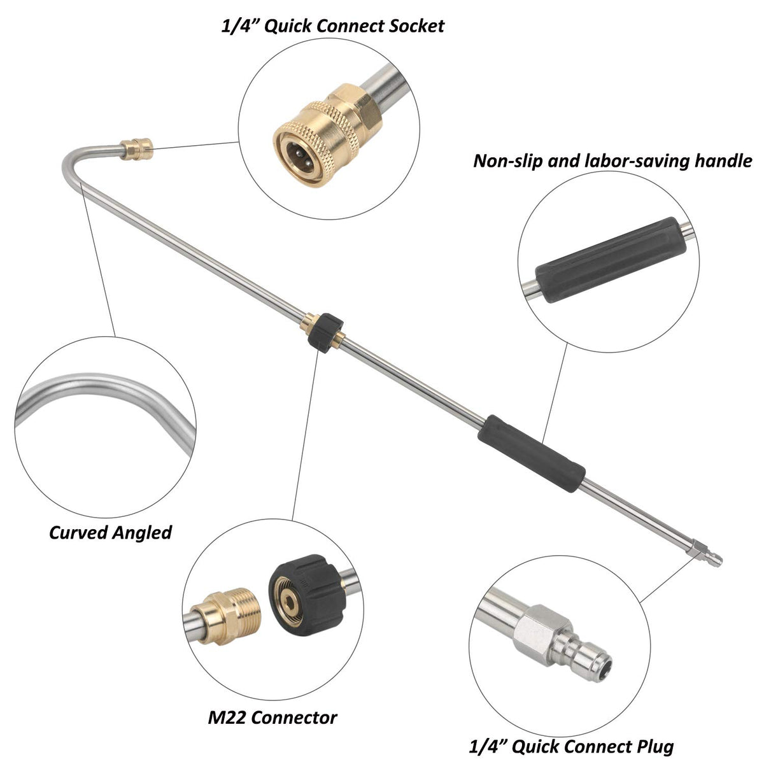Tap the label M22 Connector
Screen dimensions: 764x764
coord(272,718)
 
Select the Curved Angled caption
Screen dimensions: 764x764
coord(110,533)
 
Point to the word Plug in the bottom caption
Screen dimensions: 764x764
coord(655,747)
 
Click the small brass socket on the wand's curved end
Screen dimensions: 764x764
coord(137,149)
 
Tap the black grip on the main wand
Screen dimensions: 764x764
coord(531,453)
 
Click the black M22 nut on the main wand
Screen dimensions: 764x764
coord(326,332)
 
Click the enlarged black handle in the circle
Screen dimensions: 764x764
coord(611,260)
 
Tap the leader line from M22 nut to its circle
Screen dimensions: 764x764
coord(306,435)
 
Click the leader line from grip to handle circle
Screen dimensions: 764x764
coord(555,392)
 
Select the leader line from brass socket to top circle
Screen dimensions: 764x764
coord(196,145)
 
